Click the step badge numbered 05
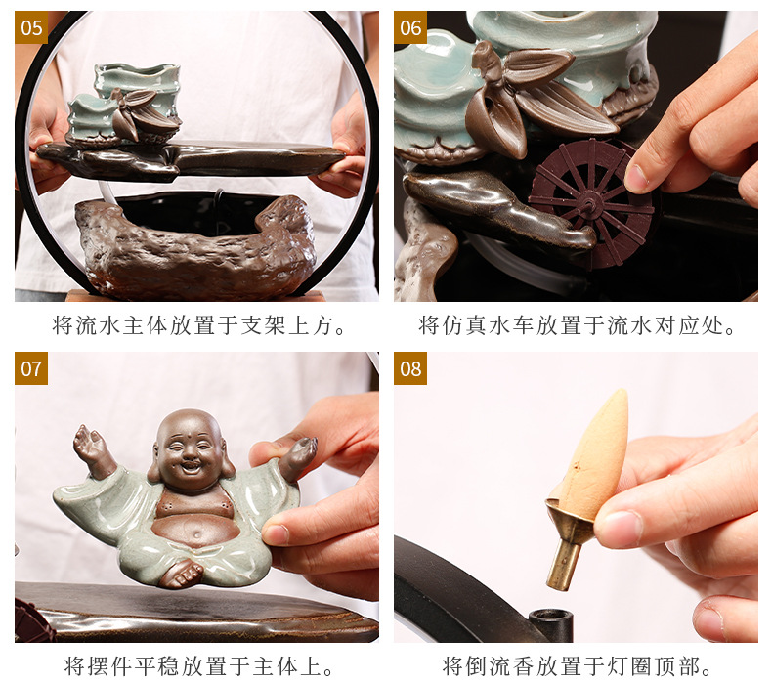coord(31,27)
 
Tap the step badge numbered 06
coord(410,27)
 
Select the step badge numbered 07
coord(31,368)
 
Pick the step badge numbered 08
coord(410,368)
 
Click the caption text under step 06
coord(578,325)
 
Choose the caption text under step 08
coord(578,666)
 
